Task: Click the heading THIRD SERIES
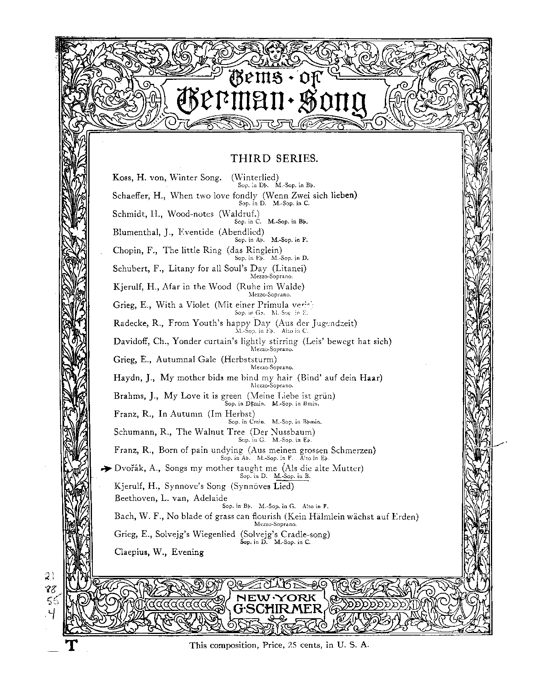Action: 274,158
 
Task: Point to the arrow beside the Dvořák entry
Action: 106,469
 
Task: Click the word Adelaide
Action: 211,498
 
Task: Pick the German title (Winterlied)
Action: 255,177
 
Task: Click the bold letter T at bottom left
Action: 71,645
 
